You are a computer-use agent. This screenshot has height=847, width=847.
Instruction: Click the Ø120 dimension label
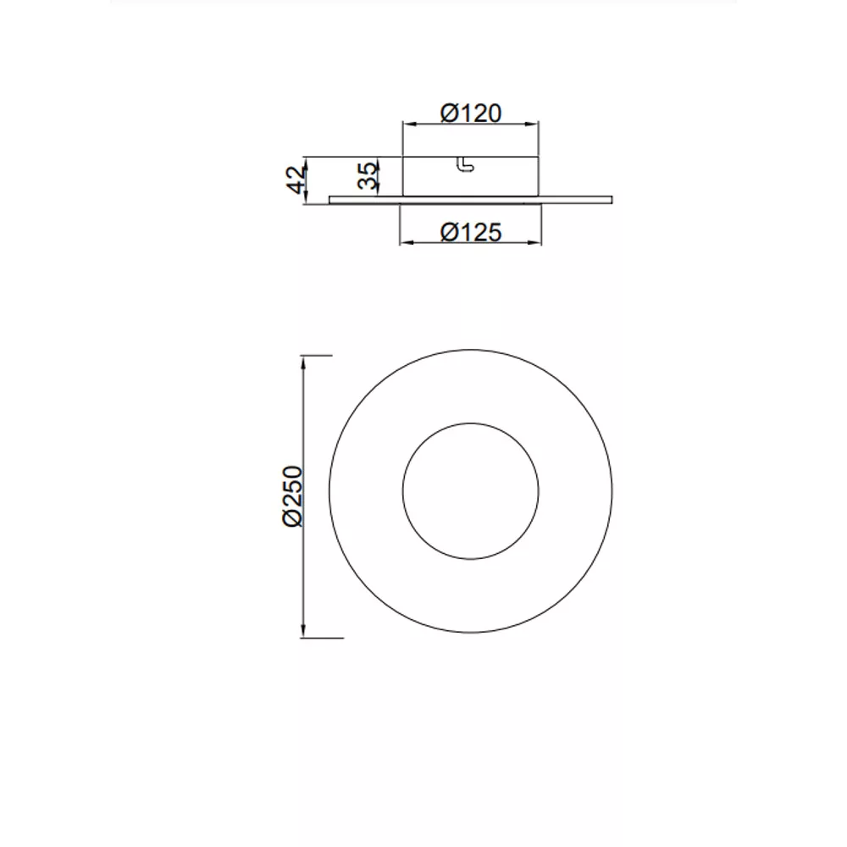470,113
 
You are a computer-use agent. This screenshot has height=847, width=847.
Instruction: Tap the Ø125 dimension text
471,232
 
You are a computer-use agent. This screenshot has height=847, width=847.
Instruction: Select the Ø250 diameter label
293,495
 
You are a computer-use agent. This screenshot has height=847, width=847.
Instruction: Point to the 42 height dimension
296,180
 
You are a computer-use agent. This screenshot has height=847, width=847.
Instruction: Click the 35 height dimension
368,175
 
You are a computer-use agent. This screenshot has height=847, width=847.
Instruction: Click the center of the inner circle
470,491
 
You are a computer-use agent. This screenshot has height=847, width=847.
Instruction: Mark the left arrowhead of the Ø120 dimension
409,125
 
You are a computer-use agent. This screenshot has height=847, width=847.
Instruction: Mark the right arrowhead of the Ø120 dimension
533,125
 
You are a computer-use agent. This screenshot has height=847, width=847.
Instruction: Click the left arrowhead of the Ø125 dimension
406,243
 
